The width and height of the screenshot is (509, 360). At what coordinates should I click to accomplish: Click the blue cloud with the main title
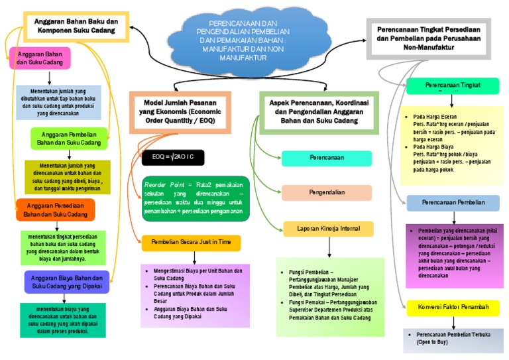pyautogui.click(x=241, y=42)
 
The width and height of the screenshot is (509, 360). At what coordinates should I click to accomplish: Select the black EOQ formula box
pyautogui.click(x=172, y=156)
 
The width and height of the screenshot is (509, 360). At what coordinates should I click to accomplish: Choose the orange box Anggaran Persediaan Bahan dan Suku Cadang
pyautogui.click(x=56, y=210)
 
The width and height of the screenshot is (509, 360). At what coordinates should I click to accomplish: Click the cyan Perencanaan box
pyautogui.click(x=326, y=158)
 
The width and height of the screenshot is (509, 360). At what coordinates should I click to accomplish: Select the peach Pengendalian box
pyautogui.click(x=327, y=192)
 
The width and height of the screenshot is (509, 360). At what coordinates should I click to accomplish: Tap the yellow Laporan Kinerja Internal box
pyautogui.click(x=329, y=229)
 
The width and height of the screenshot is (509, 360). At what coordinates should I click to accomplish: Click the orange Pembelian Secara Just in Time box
pyautogui.click(x=191, y=243)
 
